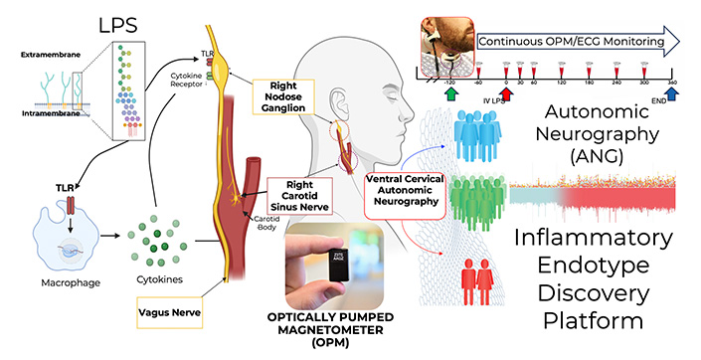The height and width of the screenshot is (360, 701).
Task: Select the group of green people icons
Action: [x=468, y=205]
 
